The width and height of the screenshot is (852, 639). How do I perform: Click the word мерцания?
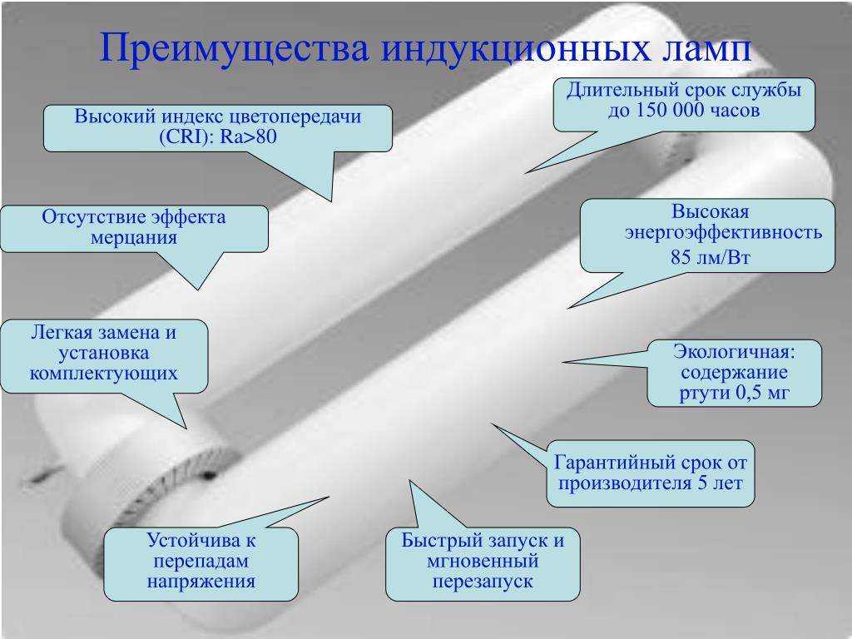pos(134,237)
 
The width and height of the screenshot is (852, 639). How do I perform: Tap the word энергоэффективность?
pos(724,233)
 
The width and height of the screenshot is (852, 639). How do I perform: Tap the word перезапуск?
pos(482,581)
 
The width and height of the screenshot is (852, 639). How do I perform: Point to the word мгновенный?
pos(483,560)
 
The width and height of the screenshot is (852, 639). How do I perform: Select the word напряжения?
pos(201,581)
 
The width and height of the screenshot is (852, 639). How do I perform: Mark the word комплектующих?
pos(104,372)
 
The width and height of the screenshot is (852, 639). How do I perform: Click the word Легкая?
pos(61,332)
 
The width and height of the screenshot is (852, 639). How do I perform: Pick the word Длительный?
pos(615,89)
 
